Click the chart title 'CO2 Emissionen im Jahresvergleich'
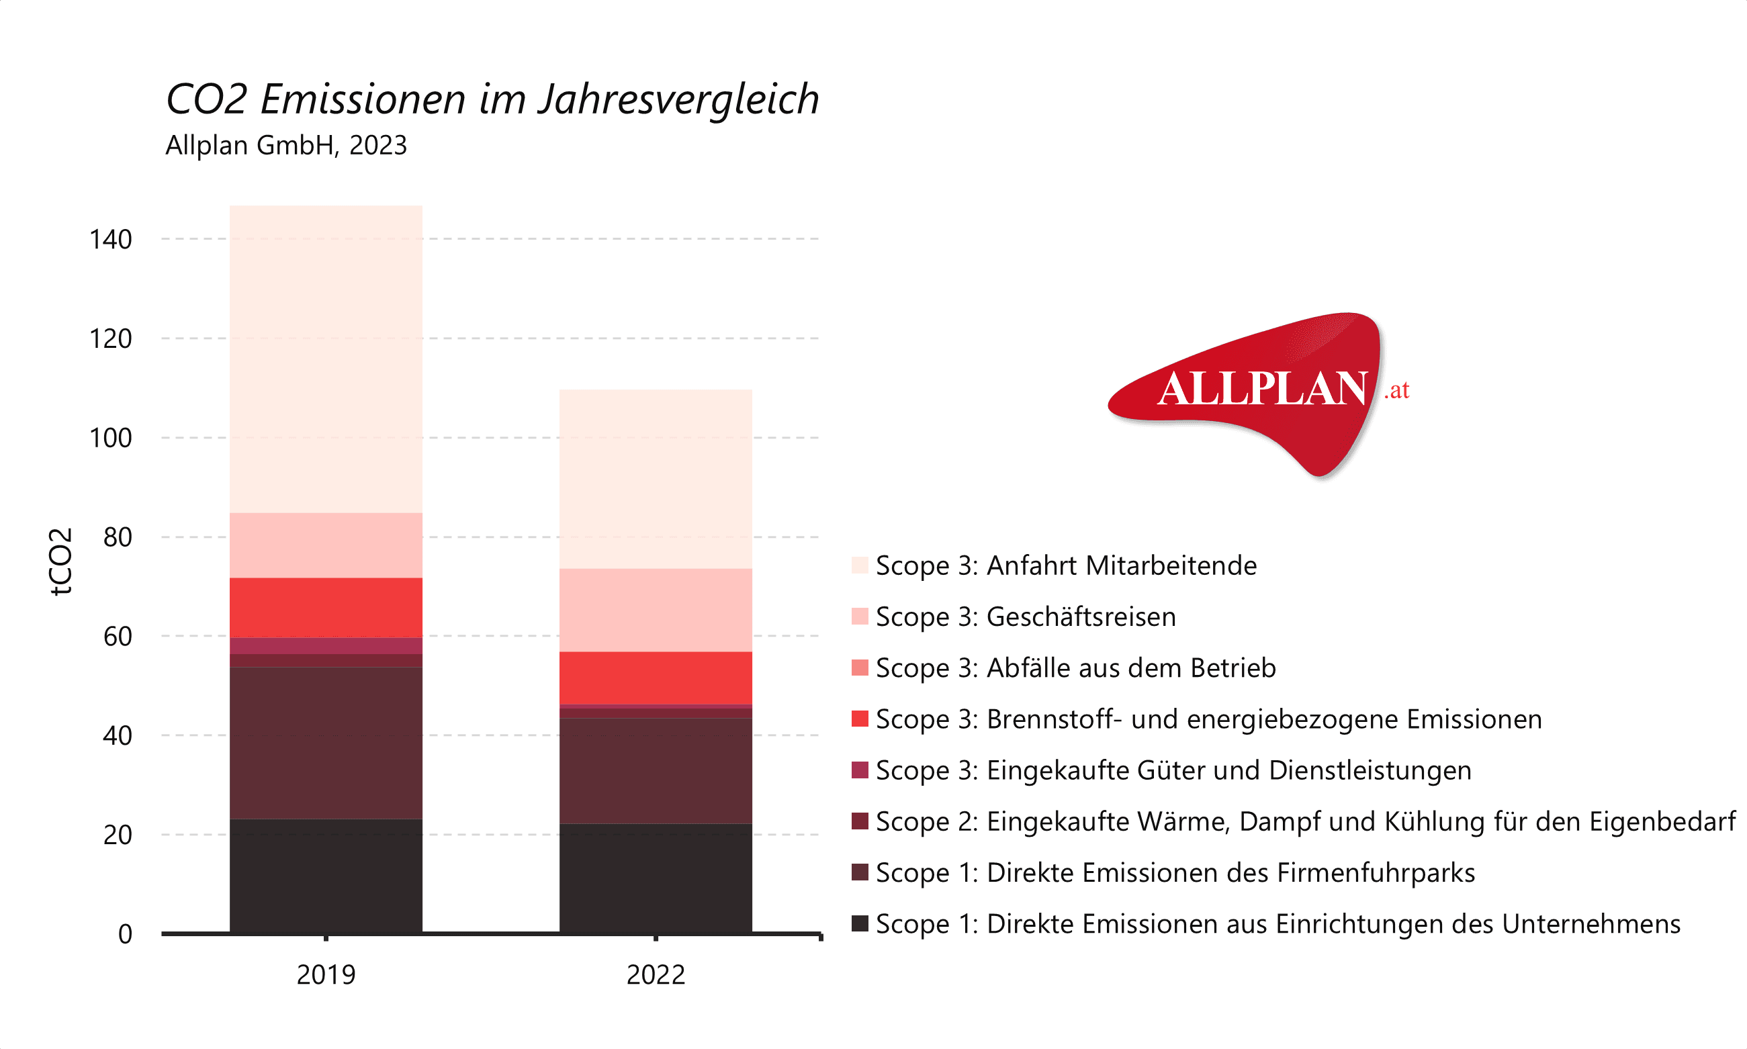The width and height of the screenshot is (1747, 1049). coord(492,98)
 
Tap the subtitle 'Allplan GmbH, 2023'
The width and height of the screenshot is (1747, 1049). coord(285,145)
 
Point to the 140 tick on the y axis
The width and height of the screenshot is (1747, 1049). coord(110,240)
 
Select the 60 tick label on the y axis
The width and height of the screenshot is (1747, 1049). coord(118,636)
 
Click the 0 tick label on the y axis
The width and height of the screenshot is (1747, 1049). coord(125,933)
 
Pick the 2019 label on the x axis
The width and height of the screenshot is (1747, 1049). coord(326,974)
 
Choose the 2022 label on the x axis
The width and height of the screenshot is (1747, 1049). coord(656,974)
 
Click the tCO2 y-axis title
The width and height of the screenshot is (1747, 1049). coord(61,561)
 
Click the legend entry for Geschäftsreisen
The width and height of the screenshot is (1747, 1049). coord(1025,617)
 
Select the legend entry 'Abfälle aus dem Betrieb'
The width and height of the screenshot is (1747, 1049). coord(1075,668)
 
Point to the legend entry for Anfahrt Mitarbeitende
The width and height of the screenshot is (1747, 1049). coord(1065,565)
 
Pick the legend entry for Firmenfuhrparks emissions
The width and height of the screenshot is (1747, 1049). coord(1174,873)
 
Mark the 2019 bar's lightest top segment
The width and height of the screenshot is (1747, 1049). coord(326,359)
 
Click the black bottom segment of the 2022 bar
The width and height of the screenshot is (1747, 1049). coord(656,878)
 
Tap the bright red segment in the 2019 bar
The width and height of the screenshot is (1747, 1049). coord(326,608)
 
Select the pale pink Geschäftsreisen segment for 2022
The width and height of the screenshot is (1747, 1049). coord(656,610)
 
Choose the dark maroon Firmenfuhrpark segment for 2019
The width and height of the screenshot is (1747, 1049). coord(326,743)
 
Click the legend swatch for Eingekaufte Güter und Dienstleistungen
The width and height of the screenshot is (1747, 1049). coord(860,770)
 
